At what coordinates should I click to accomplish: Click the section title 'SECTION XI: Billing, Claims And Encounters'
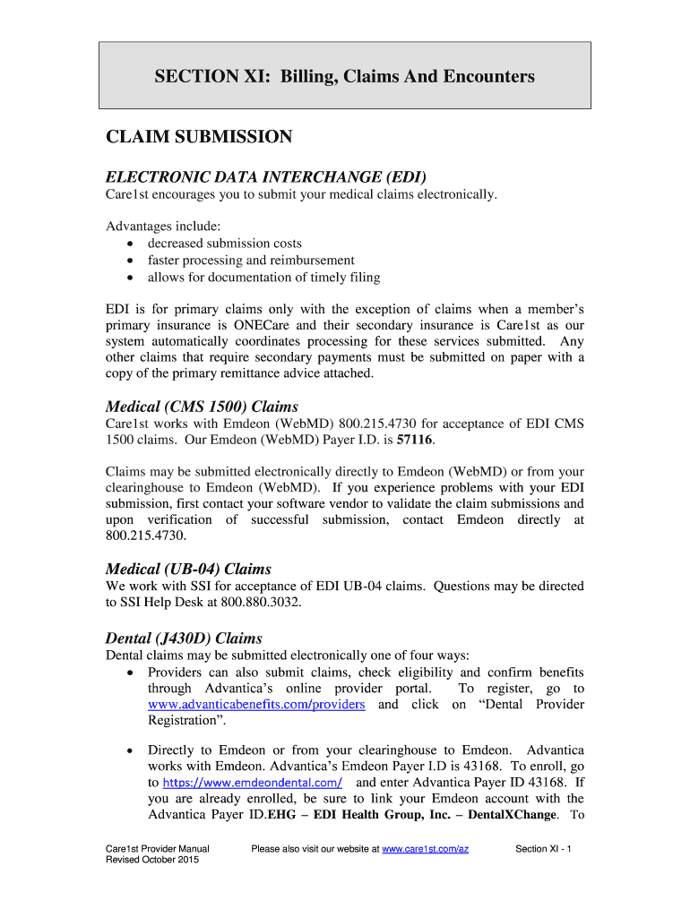(344, 76)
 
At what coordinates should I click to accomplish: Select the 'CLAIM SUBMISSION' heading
(199, 137)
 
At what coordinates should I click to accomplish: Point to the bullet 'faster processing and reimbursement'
(250, 261)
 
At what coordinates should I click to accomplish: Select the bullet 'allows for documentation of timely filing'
(263, 278)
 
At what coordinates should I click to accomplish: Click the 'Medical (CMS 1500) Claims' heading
(202, 407)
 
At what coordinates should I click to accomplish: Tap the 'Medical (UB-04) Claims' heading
(188, 569)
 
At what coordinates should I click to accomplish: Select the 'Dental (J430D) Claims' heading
(184, 638)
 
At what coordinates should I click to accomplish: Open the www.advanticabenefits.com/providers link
(256, 705)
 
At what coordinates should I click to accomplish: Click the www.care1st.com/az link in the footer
(425, 849)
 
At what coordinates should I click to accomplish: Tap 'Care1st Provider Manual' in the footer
(157, 849)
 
